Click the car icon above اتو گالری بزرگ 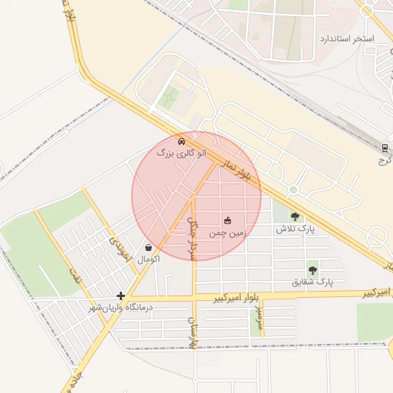180,141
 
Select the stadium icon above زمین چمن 226,222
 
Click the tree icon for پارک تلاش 295,216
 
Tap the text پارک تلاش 296,229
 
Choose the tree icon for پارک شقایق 312,269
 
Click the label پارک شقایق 312,282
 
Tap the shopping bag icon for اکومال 148,247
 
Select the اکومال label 148,260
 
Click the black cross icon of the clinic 121,296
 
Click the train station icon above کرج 385,147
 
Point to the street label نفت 75,276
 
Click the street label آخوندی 121,247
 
